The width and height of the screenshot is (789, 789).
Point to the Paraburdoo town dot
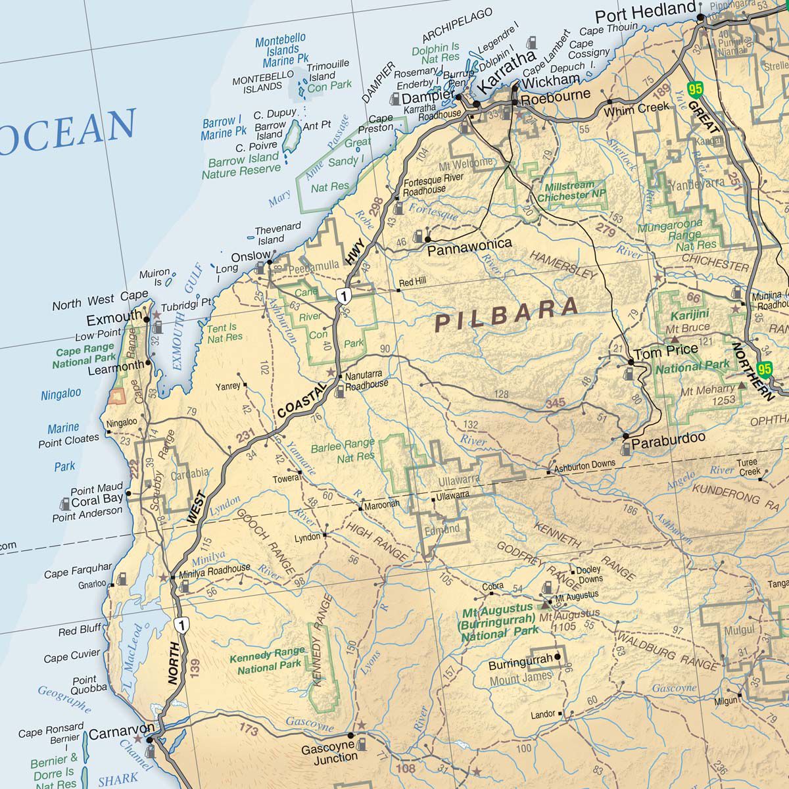point(625,436)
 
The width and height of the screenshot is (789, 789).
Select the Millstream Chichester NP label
point(571,191)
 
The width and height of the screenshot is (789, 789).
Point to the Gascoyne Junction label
point(329,752)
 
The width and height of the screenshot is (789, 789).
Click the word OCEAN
point(69,128)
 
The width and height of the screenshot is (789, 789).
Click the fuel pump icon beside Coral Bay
point(65,504)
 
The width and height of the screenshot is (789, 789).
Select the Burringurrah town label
point(521,665)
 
